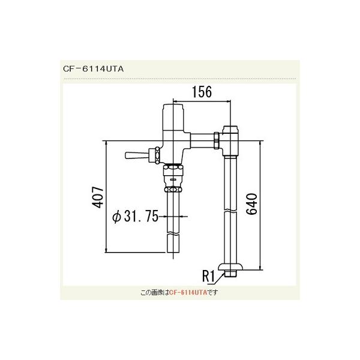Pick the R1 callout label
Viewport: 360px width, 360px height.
(x=209, y=277)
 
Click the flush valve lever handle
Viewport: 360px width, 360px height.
(x=136, y=156)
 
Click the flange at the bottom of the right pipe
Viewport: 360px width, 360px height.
(x=230, y=268)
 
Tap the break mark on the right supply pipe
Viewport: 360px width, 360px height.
(x=232, y=211)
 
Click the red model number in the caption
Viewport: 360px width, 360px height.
(x=187, y=292)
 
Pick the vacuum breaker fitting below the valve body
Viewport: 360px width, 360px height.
(x=173, y=179)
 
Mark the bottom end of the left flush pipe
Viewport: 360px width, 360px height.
(x=173, y=252)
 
